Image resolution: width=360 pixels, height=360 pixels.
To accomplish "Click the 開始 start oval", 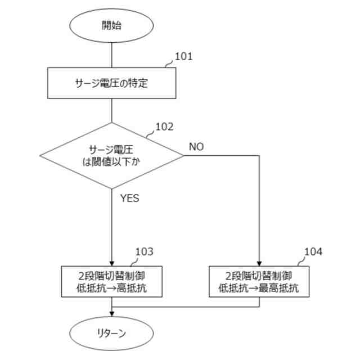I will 111,25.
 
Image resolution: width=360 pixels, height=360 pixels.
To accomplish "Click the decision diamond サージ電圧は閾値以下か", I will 111,155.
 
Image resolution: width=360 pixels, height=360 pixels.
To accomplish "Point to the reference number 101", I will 184,56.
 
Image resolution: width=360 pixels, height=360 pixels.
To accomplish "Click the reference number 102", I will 164,127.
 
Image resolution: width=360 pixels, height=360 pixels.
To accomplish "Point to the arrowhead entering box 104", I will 259,263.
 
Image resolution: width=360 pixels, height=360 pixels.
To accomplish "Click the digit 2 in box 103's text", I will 82,276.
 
